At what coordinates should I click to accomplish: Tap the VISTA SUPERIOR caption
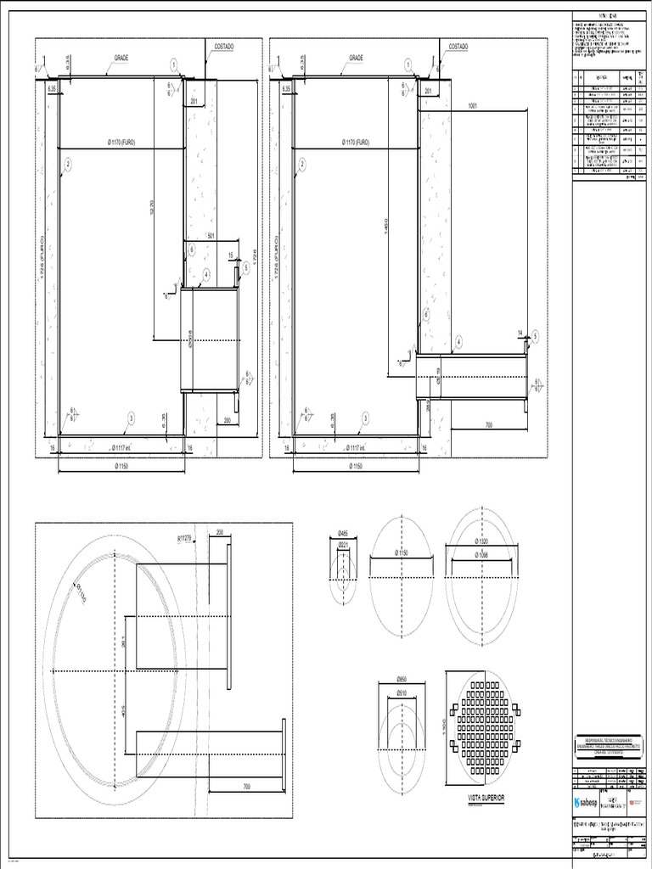coord(486,799)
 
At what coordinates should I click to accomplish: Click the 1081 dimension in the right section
coord(472,107)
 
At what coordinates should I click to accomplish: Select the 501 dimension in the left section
coord(212,237)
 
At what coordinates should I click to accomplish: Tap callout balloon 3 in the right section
coord(364,418)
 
